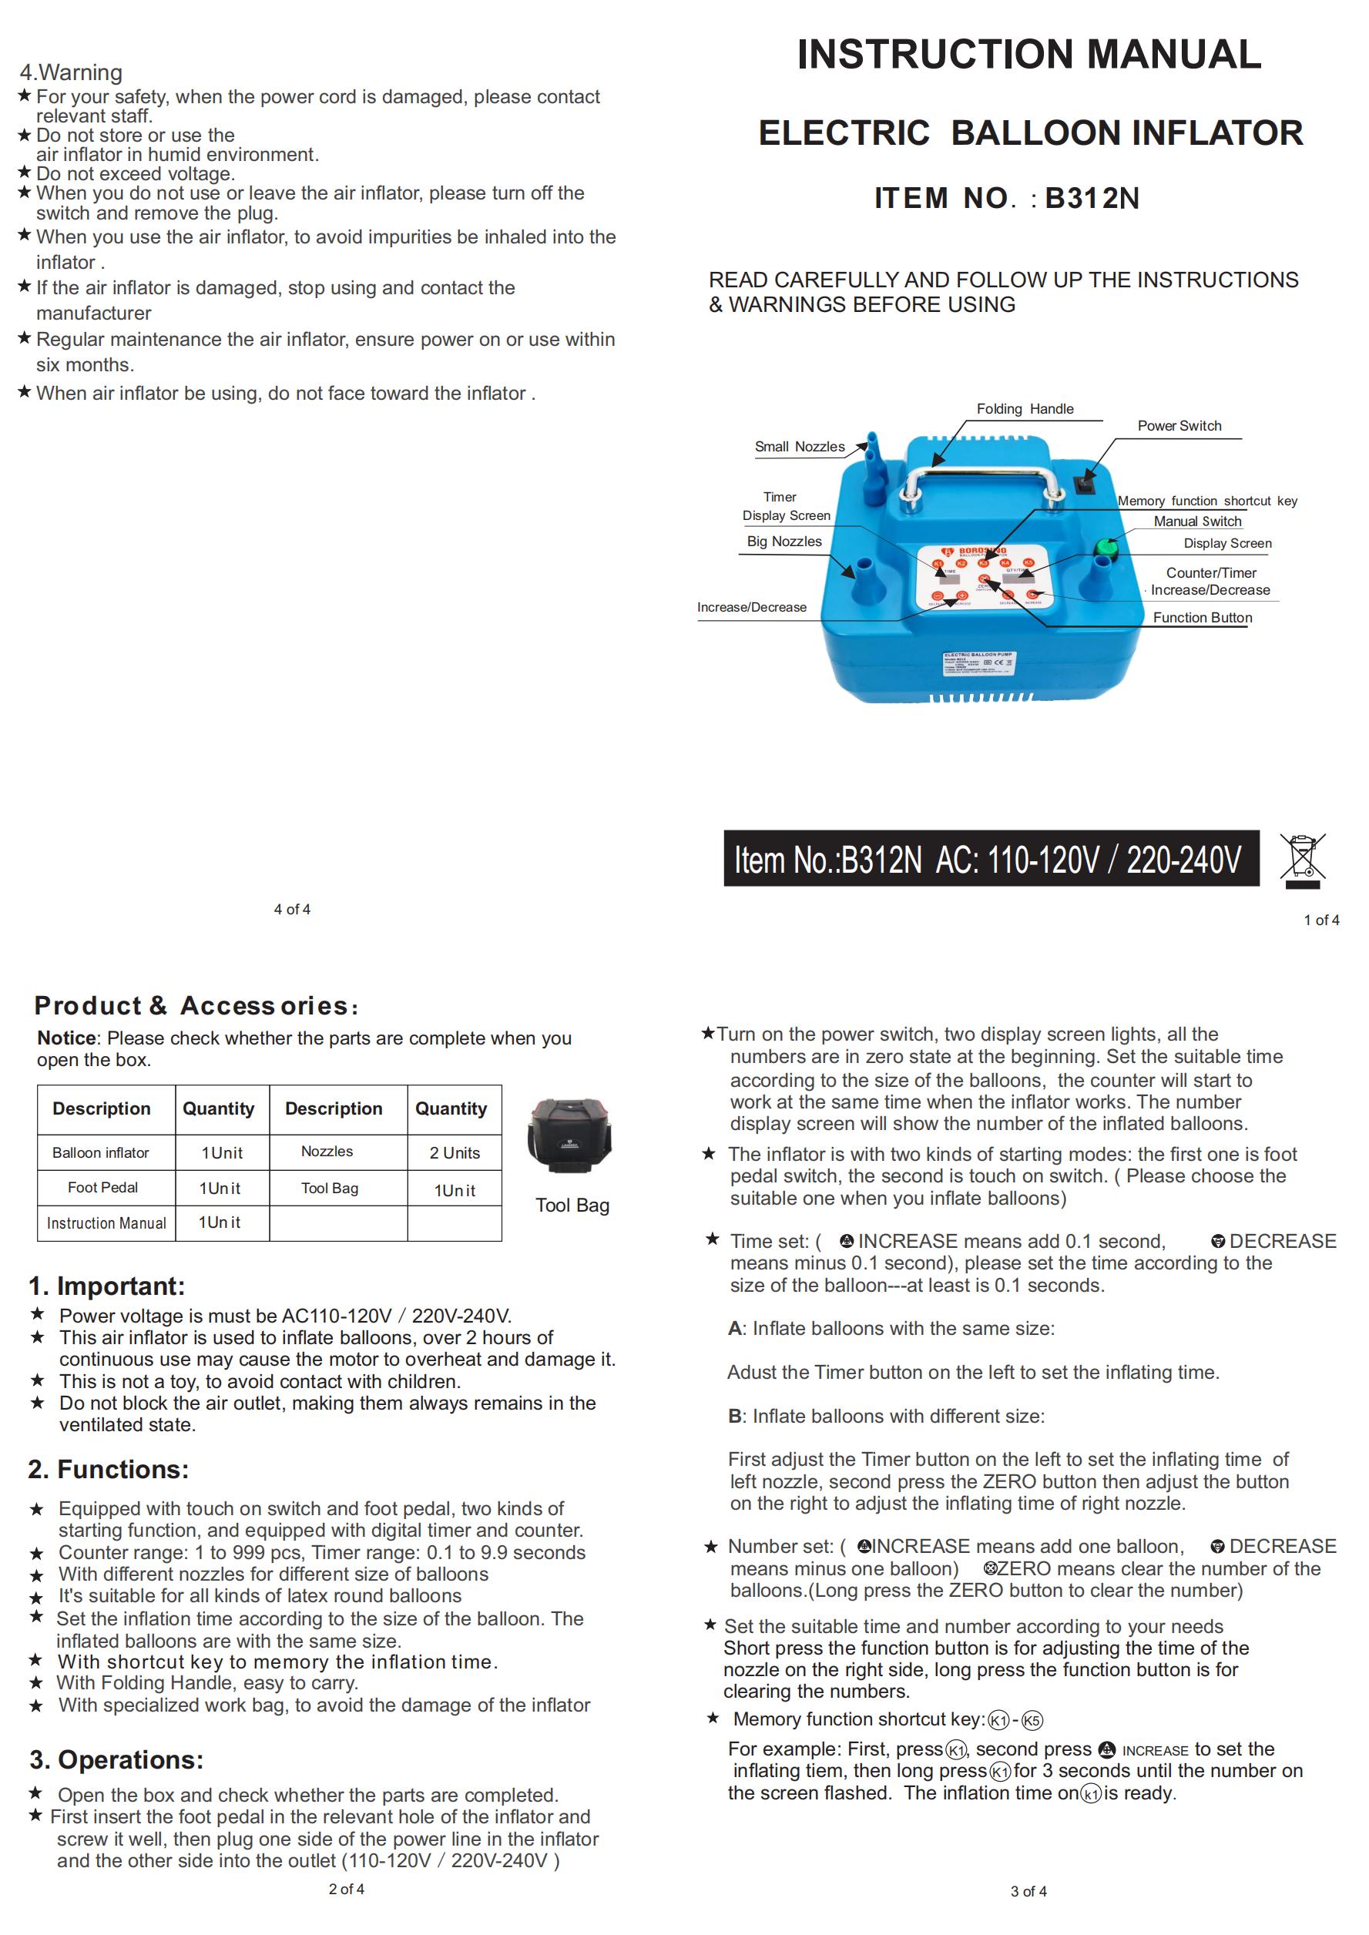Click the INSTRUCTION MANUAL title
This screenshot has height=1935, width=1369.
click(1028, 55)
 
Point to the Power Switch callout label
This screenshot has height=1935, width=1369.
click(1179, 426)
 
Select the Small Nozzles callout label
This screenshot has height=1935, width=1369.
click(799, 447)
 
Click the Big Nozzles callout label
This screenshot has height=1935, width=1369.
click(784, 541)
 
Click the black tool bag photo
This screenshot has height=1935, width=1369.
click(569, 1138)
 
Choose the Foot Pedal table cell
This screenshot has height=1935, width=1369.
click(102, 1188)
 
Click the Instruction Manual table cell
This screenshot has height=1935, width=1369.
click(106, 1223)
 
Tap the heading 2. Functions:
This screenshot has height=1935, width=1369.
click(108, 1469)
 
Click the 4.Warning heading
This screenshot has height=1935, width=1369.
click(71, 72)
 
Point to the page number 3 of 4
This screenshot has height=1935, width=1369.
click(1028, 1891)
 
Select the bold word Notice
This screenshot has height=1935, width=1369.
click(65, 1038)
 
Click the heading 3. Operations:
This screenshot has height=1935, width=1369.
click(116, 1759)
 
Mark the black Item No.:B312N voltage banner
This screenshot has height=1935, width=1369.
click(991, 859)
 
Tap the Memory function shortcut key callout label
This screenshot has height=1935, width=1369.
click(1206, 501)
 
